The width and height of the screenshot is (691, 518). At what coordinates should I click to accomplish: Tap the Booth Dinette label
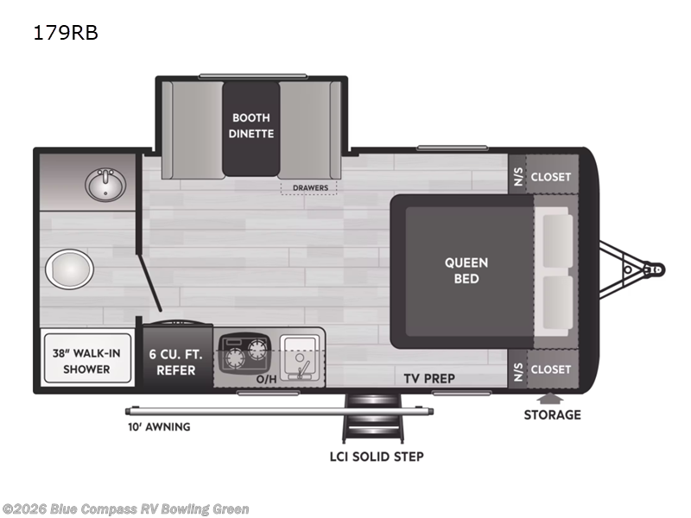pyautogui.click(x=250, y=125)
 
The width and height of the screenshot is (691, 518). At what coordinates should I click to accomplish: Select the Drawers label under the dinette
pyautogui.click(x=308, y=186)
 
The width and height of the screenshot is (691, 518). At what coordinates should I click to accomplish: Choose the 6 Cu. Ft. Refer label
pyautogui.click(x=177, y=362)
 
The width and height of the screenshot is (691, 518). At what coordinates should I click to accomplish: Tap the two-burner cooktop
pyautogui.click(x=245, y=355)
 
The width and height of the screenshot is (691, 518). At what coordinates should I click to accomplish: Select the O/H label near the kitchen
pyautogui.click(x=266, y=378)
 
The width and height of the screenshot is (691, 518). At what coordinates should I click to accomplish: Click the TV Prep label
pyautogui.click(x=429, y=378)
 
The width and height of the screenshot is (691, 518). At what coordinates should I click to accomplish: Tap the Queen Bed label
pyautogui.click(x=466, y=270)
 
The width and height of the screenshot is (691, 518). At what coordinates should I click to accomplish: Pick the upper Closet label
pyautogui.click(x=550, y=176)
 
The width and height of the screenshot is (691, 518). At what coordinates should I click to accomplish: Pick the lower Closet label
pyautogui.click(x=550, y=369)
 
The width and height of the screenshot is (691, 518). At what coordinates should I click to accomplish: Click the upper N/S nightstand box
pyautogui.click(x=517, y=176)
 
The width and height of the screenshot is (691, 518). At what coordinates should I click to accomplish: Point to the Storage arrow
pyautogui.click(x=545, y=398)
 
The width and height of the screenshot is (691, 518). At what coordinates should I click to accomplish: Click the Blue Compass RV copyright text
pyautogui.click(x=125, y=509)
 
